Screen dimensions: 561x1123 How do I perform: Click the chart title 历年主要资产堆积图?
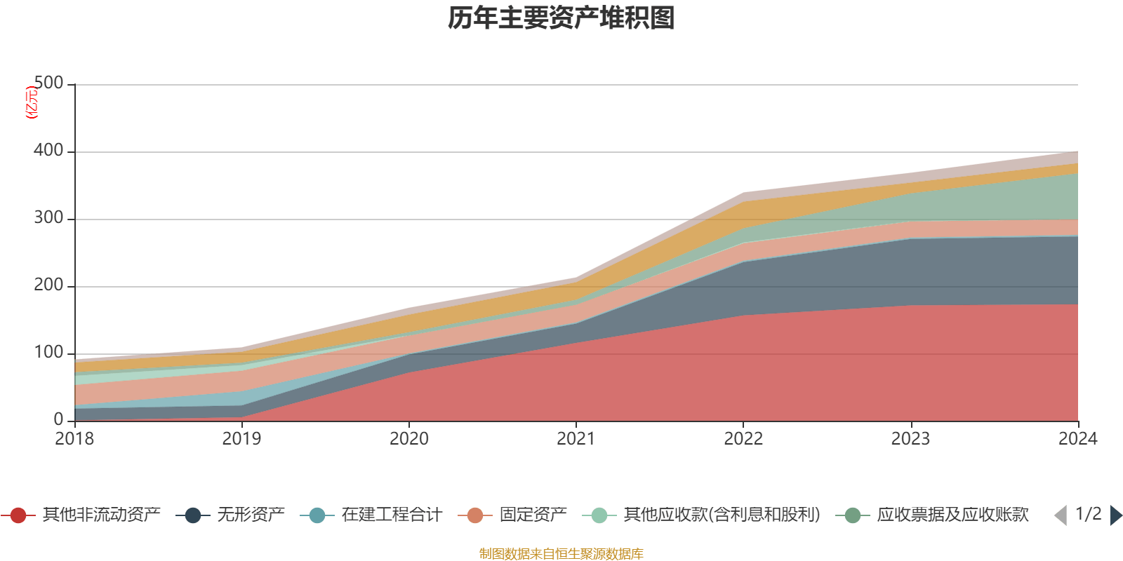click(561, 18)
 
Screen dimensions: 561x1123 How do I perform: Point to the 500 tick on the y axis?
click(48, 83)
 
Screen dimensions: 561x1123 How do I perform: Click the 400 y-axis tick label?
click(48, 151)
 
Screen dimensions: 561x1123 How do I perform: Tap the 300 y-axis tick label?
click(48, 218)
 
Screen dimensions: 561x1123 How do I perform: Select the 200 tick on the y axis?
click(48, 285)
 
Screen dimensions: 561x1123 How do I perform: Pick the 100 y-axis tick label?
click(48, 353)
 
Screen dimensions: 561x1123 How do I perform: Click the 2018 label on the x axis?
click(74, 439)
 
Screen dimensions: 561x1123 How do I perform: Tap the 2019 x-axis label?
click(241, 439)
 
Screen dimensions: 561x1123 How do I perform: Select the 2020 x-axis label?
click(408, 439)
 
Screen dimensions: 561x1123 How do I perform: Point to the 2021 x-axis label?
click(576, 439)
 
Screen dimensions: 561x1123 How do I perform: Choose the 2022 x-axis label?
click(743, 439)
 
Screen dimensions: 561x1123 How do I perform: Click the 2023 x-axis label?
click(910, 439)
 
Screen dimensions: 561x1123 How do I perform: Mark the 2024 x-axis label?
click(1077, 439)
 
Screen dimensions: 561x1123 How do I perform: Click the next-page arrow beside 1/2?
click(1115, 515)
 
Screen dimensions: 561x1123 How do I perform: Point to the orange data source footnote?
click(561, 554)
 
